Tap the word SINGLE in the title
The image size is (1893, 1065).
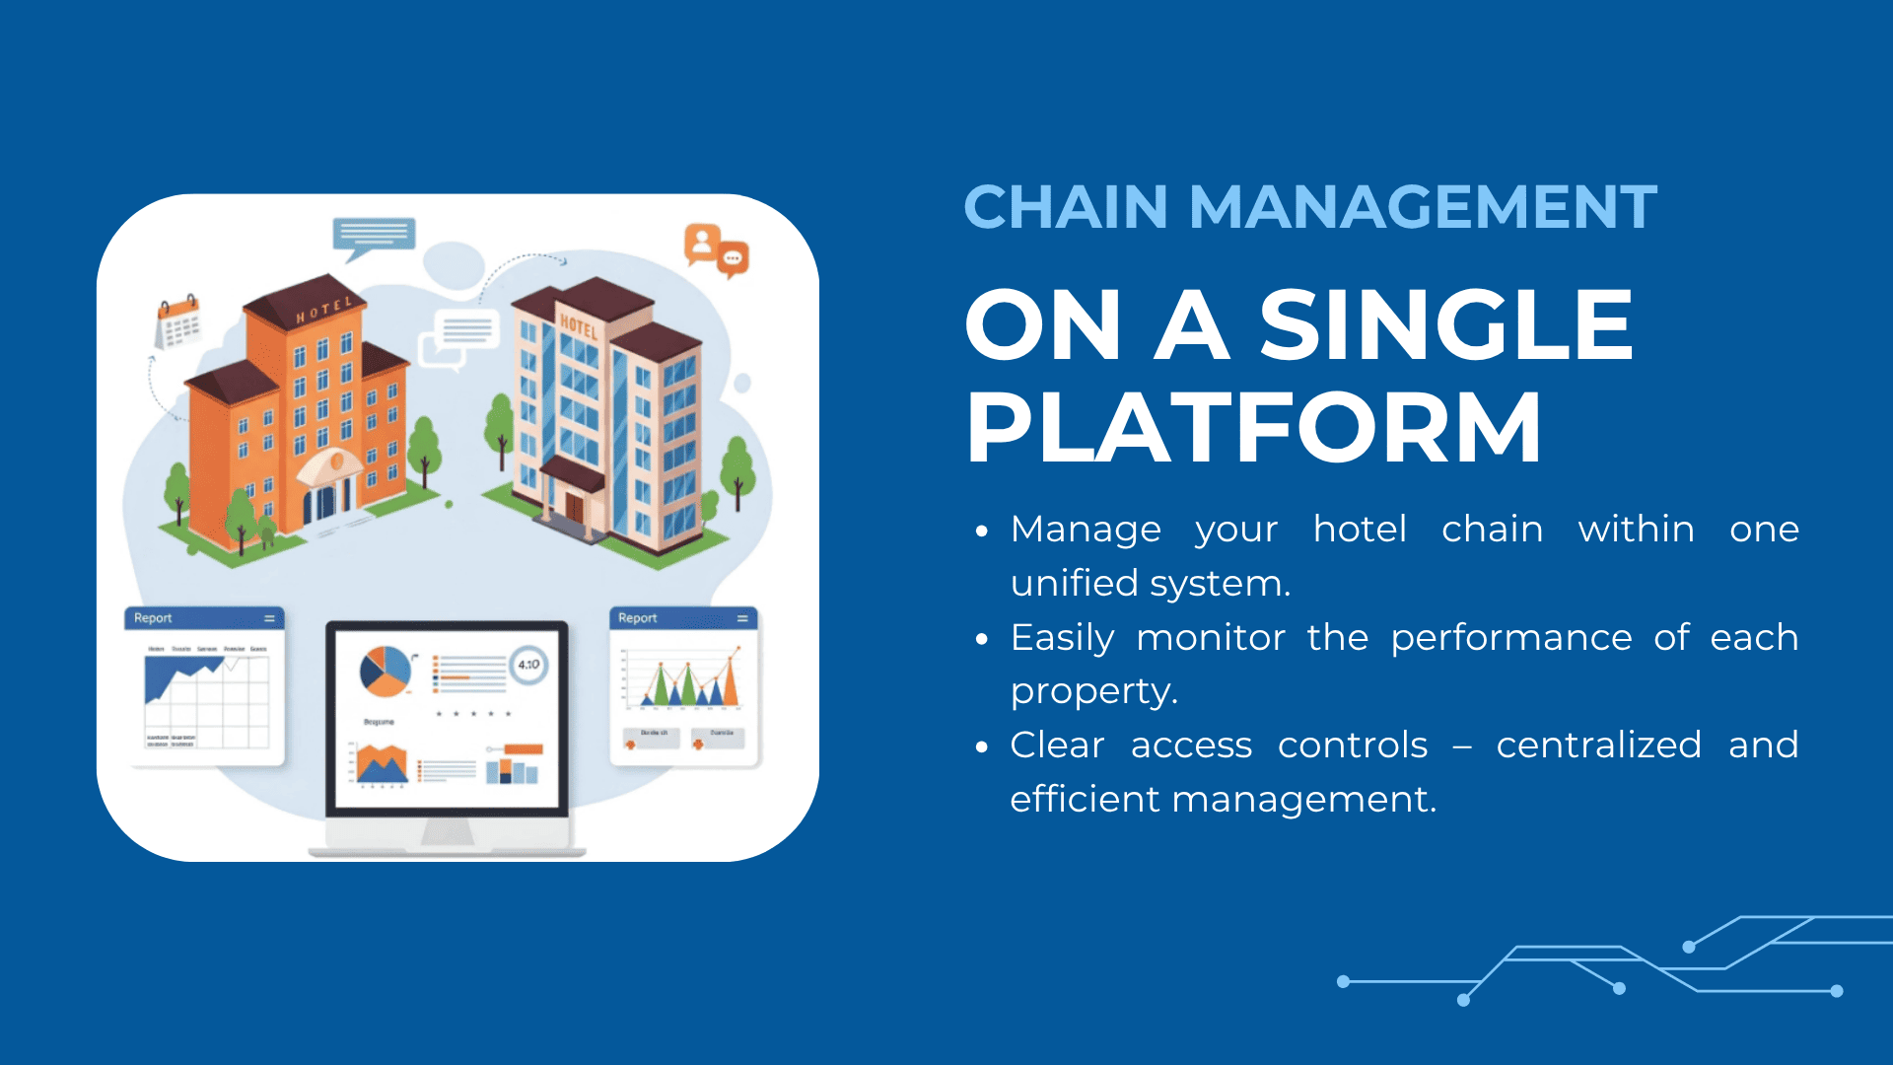(1445, 324)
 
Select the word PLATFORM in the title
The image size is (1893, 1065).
(1253, 427)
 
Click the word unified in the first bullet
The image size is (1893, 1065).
(1075, 583)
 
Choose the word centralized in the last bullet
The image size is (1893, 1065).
(1598, 745)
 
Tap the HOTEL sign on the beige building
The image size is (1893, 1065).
(579, 326)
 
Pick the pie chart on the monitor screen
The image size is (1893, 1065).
(385, 671)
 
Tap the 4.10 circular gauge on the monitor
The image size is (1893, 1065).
(528, 665)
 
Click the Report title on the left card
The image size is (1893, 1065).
(153, 618)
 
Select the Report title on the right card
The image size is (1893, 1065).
(637, 618)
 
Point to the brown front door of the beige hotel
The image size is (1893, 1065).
(574, 506)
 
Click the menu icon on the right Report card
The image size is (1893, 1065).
(742, 618)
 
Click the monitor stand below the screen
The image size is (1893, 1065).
(448, 834)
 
